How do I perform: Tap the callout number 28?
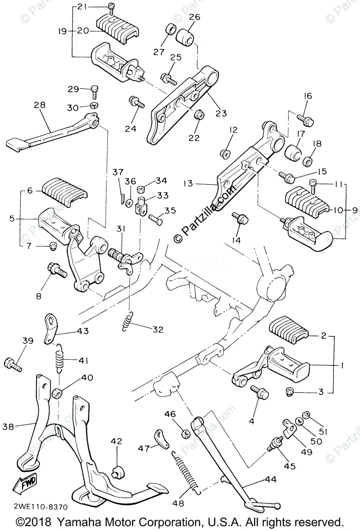[x=39, y=105]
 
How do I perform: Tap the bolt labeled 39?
[x=12, y=364]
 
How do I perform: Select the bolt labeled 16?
[x=305, y=118]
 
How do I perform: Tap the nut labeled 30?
[x=94, y=106]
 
